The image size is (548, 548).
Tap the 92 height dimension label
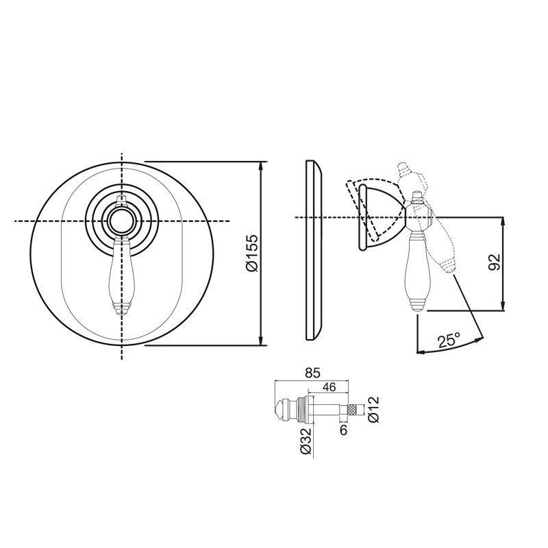(x=494, y=262)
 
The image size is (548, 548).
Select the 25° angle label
(x=449, y=340)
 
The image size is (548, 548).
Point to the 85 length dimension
(x=312, y=373)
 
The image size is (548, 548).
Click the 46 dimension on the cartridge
(x=329, y=387)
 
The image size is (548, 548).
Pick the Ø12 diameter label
(x=373, y=409)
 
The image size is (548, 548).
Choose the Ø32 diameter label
(x=306, y=440)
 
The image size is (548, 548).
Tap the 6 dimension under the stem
(x=344, y=430)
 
